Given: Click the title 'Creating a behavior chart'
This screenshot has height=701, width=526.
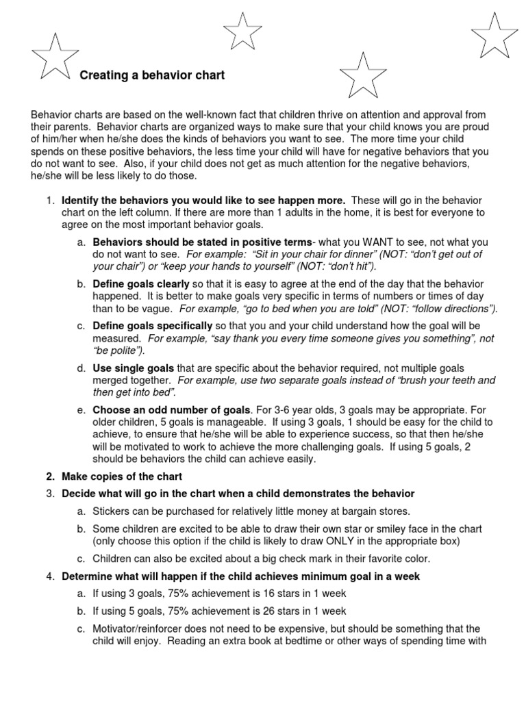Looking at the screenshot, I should tap(152, 75).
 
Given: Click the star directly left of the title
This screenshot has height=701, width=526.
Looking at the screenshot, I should tap(55, 57).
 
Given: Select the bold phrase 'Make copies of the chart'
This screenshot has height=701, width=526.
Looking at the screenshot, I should tap(122, 476).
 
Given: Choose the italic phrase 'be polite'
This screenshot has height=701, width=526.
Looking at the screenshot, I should tap(117, 350).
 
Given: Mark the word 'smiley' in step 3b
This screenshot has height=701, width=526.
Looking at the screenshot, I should tap(390, 528).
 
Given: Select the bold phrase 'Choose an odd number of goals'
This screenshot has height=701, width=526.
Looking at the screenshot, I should tap(172, 410).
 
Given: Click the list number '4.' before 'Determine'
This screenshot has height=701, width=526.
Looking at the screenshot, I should tap(51, 576).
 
